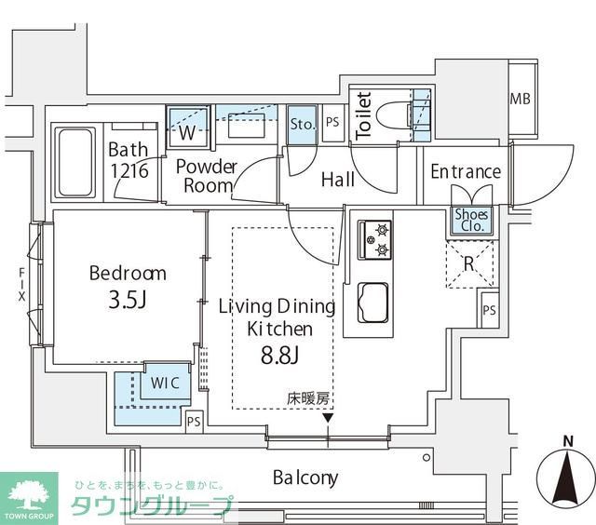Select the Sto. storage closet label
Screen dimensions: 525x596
point(301,124)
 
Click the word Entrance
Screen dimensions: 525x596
point(465,172)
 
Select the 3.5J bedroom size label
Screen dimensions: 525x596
point(128,302)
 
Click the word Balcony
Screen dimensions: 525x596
point(305,478)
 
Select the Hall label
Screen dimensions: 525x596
point(337,180)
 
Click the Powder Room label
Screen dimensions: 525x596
point(206,175)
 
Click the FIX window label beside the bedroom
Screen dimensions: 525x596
point(20,286)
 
